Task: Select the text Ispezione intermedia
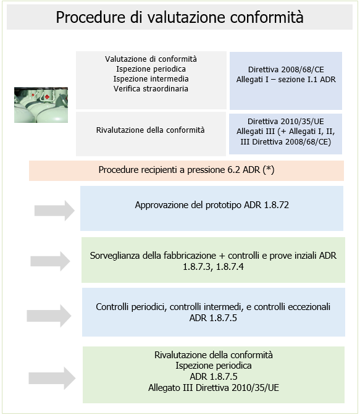coord(151,79)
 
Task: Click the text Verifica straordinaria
coord(151,89)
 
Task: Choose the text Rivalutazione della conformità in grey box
coord(151,130)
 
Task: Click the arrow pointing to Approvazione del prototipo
coord(54,210)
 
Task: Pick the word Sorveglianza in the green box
coord(118,255)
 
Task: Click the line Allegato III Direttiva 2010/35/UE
coord(213,387)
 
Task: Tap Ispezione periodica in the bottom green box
coord(213,366)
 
